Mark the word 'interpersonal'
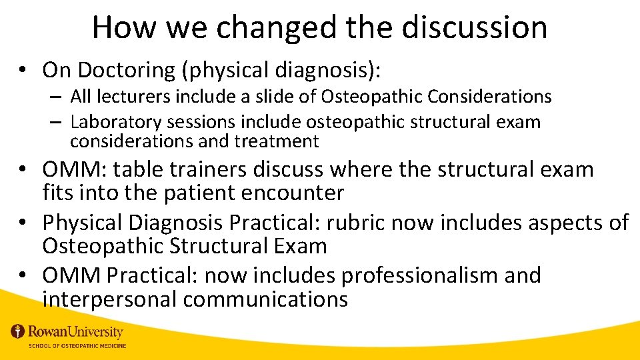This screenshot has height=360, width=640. [109, 299]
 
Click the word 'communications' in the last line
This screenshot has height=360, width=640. [265, 299]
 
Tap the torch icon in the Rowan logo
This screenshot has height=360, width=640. [17, 331]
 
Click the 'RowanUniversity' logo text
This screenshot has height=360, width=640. [75, 331]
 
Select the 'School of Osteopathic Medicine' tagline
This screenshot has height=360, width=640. [76, 345]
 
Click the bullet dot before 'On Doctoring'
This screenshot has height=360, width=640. [23, 70]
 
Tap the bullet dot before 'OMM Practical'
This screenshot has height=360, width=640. [23, 275]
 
